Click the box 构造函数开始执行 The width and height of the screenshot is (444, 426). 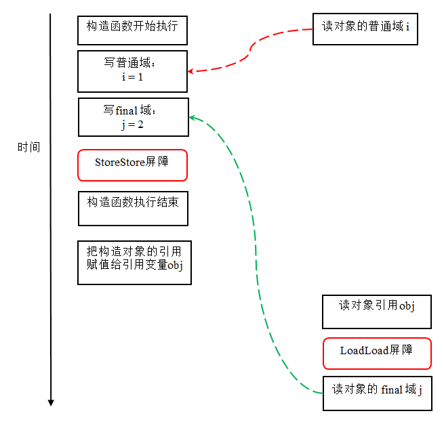click(x=132, y=30)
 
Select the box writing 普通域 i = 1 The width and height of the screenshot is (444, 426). click(x=132, y=71)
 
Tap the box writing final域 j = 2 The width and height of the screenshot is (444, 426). click(x=133, y=116)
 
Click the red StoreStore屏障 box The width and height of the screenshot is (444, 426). click(x=132, y=165)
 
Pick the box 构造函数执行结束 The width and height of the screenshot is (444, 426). click(x=133, y=209)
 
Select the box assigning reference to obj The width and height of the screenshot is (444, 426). click(x=134, y=262)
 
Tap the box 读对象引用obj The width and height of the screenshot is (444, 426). click(x=376, y=312)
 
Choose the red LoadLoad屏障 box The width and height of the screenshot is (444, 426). click(x=377, y=353)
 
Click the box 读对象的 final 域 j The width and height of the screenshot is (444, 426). click(x=377, y=393)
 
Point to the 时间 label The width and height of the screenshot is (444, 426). click(x=28, y=147)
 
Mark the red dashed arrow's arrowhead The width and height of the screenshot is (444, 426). click(x=192, y=71)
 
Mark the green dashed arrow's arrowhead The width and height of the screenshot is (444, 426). click(x=193, y=118)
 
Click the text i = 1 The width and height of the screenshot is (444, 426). click(x=132, y=77)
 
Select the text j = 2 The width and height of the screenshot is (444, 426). click(x=132, y=124)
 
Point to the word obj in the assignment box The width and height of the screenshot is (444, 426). click(x=175, y=265)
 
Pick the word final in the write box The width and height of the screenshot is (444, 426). click(x=127, y=110)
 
